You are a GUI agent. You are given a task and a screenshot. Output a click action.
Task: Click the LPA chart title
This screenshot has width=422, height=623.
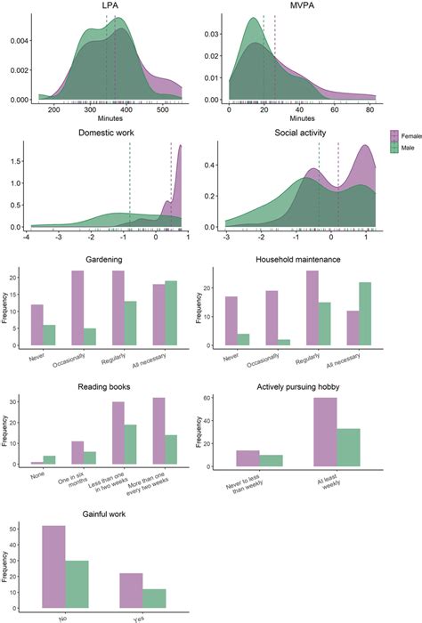[x=112, y=7]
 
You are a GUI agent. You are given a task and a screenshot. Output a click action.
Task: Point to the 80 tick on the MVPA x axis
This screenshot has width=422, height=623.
[x=369, y=111]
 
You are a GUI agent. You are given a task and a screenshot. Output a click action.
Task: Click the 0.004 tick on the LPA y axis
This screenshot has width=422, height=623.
[x=17, y=41]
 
